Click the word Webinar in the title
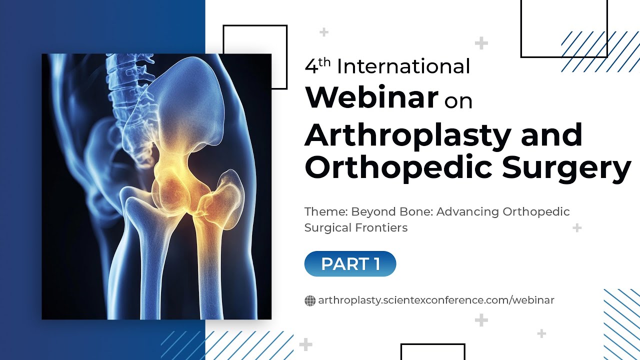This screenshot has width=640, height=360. coord(371,97)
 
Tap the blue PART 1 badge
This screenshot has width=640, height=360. coord(350,264)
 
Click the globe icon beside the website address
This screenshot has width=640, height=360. coord(310,300)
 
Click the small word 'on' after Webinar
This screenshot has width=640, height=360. coord(458,100)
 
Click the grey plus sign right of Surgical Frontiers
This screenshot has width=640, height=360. coord(577,228)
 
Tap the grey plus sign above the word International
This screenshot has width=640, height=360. coord(324,32)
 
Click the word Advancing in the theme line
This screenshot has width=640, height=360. coord(467,211)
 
